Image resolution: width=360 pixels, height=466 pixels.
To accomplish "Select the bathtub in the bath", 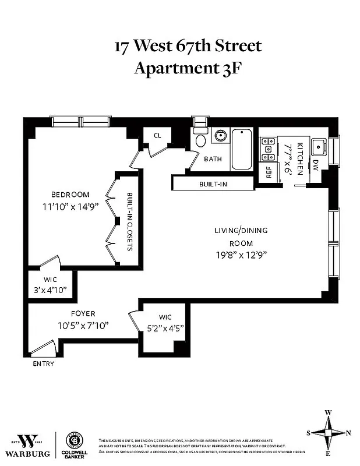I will click(242, 149).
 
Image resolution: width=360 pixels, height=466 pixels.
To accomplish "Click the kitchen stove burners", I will click(269, 149).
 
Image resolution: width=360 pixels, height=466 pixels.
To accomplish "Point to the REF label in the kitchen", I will click(269, 172).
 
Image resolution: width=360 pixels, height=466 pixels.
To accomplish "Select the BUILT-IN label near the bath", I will click(213, 183).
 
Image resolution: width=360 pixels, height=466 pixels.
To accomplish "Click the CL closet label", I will click(157, 135).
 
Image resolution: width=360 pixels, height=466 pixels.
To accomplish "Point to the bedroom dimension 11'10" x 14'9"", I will click(70, 206).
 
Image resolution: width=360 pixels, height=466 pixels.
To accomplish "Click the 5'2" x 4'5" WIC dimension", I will click(165, 327).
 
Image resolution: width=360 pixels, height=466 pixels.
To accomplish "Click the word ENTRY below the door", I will click(43, 363).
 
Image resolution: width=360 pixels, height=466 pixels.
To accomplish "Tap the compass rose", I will click(329, 432).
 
